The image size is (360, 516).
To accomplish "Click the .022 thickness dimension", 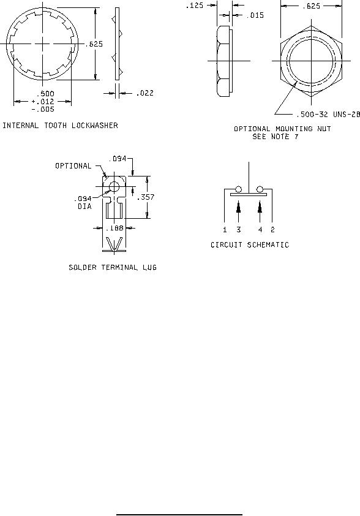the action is (x=145, y=93).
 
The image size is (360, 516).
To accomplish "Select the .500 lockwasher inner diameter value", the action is (x=45, y=94).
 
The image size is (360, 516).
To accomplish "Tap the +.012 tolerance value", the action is (x=43, y=101).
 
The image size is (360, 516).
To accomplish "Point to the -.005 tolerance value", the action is (x=43, y=109).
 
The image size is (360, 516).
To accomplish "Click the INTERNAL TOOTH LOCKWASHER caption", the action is (x=60, y=126).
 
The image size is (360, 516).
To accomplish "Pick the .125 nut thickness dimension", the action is (x=195, y=6).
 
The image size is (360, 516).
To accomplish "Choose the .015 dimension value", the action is (x=255, y=15).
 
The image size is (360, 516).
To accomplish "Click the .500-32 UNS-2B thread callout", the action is (x=328, y=114).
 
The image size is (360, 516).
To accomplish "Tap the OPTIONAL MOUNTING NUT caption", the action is (x=282, y=128).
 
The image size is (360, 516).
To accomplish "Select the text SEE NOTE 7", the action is (x=276, y=136).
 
